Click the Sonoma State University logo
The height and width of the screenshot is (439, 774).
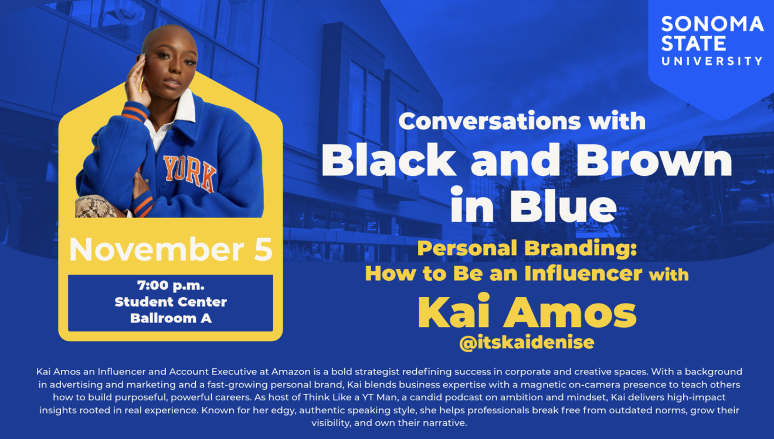click(712, 41)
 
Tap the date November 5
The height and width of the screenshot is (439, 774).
click(171, 249)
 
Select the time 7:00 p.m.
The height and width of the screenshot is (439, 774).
click(171, 285)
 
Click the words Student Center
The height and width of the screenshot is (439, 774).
click(171, 302)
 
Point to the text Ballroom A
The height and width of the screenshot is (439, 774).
click(171, 318)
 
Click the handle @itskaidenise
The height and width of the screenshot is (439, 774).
click(527, 342)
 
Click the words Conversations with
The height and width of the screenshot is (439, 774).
click(522, 121)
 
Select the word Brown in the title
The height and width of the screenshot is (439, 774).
click(654, 160)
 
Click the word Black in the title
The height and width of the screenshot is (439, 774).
click(389, 160)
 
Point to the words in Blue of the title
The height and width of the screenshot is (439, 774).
click(533, 205)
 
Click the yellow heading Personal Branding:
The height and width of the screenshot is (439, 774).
click(527, 249)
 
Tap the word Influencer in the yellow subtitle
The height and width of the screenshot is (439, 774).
click(583, 273)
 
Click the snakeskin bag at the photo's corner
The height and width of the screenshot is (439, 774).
click(95, 206)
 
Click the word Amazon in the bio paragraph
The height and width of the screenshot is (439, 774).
click(291, 372)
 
